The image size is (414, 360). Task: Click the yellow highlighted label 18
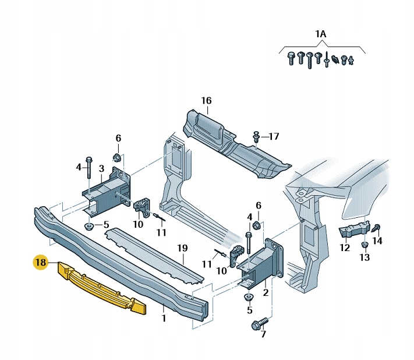40,263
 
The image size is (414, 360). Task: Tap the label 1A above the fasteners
320,34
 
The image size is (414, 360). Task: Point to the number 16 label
206,101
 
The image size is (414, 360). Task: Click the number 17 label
274,136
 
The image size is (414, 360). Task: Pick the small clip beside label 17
256,137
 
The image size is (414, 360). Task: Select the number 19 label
182,248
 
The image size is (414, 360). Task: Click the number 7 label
263,334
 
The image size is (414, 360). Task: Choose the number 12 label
345,248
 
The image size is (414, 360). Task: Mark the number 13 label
365,257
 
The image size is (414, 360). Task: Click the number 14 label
377,240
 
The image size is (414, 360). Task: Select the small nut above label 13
364,244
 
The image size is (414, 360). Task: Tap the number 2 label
266,292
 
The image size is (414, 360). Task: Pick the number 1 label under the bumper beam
164,319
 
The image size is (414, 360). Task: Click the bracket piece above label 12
354,230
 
